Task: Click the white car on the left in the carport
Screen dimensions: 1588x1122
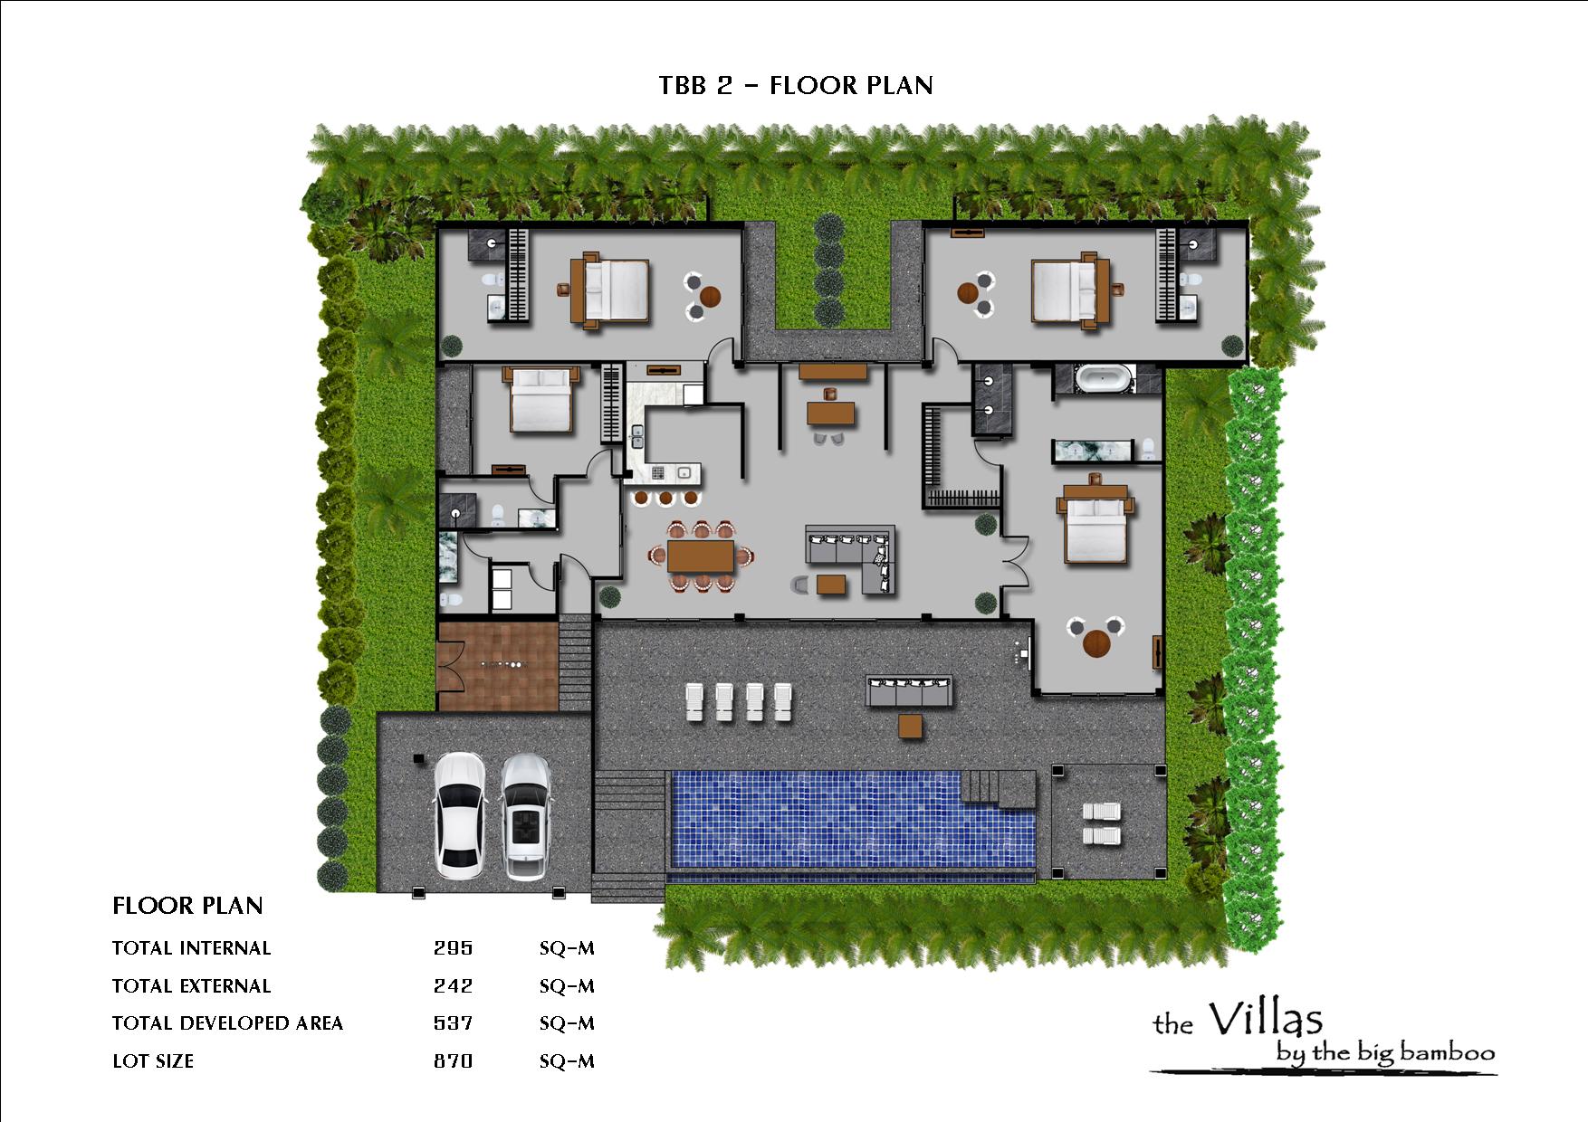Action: (459, 815)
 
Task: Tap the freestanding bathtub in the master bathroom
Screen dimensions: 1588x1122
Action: (1102, 378)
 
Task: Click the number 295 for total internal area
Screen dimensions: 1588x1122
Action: (453, 948)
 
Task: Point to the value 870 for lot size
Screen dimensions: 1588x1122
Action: (453, 1060)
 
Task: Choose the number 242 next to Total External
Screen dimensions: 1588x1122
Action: (453, 985)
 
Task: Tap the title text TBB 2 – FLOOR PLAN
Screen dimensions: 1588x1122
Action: (796, 85)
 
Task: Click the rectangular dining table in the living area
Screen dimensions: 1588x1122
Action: (701, 556)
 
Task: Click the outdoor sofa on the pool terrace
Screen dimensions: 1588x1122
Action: (909, 691)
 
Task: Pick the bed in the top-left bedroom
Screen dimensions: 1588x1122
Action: (609, 290)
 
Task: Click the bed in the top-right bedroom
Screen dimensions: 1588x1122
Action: (1071, 290)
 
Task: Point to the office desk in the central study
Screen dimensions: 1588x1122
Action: (830, 413)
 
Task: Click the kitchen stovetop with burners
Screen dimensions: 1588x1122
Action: (657, 472)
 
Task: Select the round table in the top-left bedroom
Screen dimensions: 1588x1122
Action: (711, 295)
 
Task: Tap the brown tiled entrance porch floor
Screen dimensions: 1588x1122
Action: (497, 665)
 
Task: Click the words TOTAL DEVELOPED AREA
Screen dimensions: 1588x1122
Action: (227, 1023)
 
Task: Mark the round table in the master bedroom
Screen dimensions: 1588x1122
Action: (1096, 642)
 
